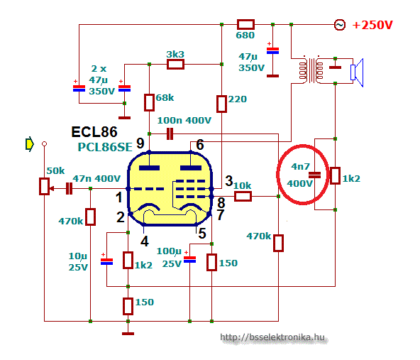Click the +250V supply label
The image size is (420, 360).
pyautogui.click(x=372, y=25)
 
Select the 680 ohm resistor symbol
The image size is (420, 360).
pyautogui.click(x=245, y=24)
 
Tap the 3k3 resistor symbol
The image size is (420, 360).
pyautogui.click(x=175, y=65)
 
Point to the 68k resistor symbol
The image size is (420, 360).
pyautogui.click(x=149, y=102)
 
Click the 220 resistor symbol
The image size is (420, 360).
pyautogui.click(x=221, y=104)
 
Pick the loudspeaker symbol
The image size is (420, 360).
pyautogui.click(x=357, y=72)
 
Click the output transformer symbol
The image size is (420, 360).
pyautogui.click(x=311, y=70)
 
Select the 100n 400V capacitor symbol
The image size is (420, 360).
pyautogui.click(x=170, y=133)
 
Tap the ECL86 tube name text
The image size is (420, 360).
pyautogui.click(x=94, y=132)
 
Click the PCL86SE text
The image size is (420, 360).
pyautogui.click(x=105, y=147)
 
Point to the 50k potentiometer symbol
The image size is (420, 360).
pyautogui.click(x=45, y=186)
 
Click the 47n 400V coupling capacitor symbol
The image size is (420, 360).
pyautogui.click(x=69, y=188)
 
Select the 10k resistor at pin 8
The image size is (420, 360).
pyautogui.click(x=243, y=197)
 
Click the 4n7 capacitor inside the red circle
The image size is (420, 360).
pyautogui.click(x=314, y=175)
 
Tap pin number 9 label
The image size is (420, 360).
pyautogui.click(x=140, y=143)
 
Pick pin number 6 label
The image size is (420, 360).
pyautogui.click(x=200, y=145)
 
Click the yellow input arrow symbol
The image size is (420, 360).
pyautogui.click(x=29, y=144)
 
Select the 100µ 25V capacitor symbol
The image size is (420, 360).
pyautogui.click(x=189, y=259)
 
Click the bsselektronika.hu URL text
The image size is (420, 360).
pyautogui.click(x=272, y=337)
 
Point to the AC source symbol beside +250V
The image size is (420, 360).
pyautogui.click(x=340, y=25)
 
